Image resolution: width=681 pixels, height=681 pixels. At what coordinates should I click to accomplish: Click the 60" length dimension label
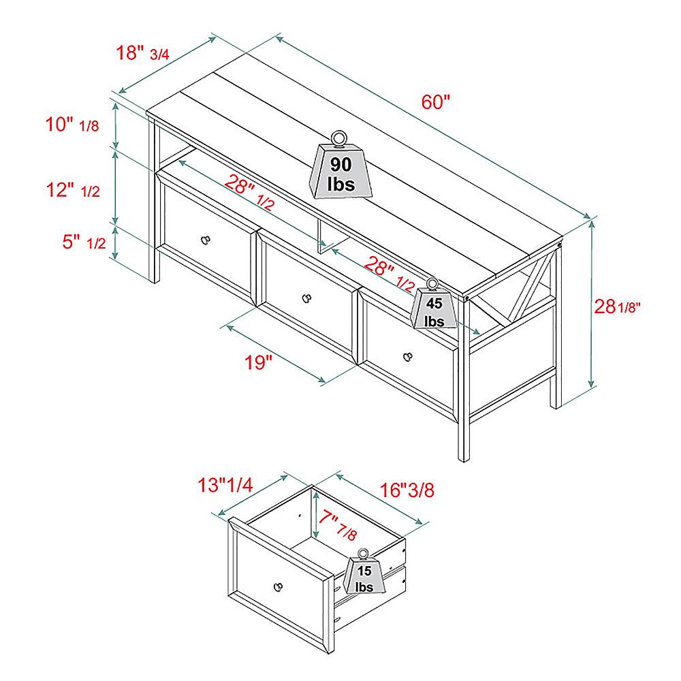pos(436,102)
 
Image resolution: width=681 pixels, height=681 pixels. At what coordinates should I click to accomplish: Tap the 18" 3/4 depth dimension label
pos(142,53)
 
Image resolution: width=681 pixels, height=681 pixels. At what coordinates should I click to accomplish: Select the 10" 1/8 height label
pos(73,125)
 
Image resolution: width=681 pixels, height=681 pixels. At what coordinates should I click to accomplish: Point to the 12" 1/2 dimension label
pos(73,190)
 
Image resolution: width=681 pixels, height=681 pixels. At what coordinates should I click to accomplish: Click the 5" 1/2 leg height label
pos(84,242)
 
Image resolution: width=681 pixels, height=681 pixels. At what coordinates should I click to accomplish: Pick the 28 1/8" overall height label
pos(617,306)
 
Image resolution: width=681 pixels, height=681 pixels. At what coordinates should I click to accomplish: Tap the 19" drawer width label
pos(258,362)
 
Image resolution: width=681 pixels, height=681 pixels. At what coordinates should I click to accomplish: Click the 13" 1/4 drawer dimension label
pos(225,485)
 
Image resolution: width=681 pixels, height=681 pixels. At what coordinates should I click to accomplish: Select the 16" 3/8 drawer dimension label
pos(407,490)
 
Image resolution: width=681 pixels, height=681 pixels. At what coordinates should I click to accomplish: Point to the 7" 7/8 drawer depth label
pos(338,524)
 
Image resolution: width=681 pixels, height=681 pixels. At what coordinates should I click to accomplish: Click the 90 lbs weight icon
pos(341,165)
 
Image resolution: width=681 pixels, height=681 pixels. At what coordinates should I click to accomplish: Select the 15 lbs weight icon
pos(364,571)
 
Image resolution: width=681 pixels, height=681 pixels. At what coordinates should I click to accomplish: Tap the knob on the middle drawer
pos(306,298)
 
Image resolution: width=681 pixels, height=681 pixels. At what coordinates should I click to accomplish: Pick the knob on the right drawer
pos(407,357)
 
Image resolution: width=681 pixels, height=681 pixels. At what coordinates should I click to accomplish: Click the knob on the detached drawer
pos(278,587)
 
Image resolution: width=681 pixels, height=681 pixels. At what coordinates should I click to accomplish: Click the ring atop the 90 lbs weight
pos(338,138)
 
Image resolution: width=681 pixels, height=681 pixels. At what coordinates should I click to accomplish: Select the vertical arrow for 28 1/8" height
pos(592,304)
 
